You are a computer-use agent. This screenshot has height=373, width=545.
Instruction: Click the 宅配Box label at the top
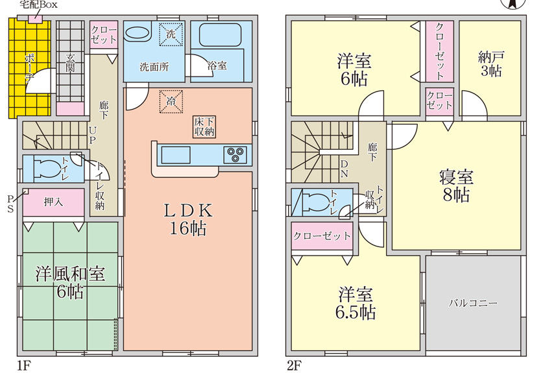point(38,5)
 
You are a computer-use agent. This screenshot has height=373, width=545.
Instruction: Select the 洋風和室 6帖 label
point(69,282)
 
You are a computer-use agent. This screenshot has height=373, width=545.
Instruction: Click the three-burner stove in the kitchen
point(236,155)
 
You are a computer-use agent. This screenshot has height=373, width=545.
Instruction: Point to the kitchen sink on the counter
point(175,156)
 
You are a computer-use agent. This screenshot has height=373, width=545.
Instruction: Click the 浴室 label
point(217,66)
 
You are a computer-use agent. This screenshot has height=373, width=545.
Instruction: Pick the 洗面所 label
point(154,66)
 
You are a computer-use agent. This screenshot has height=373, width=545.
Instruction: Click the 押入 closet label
point(54,202)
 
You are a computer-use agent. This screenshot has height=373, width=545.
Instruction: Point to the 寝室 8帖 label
point(456,186)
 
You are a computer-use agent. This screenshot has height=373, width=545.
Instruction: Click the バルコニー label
point(474,303)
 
